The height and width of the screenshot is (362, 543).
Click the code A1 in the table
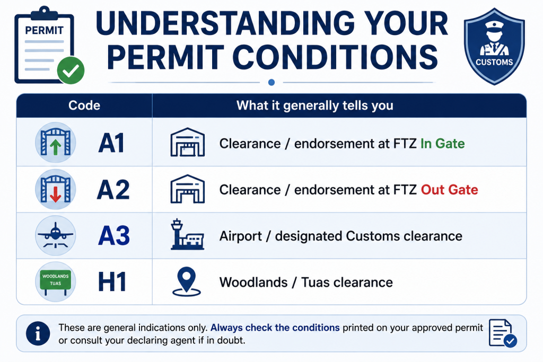(x=111, y=143)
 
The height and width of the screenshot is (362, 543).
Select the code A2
(x=113, y=190)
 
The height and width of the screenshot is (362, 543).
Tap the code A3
(x=114, y=236)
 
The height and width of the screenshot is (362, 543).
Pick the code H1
(x=112, y=282)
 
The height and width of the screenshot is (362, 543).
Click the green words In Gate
(x=443, y=144)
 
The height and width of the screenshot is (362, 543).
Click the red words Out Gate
(x=450, y=190)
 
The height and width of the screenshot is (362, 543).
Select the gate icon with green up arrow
(x=55, y=143)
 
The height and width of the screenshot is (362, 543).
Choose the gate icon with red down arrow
(x=55, y=190)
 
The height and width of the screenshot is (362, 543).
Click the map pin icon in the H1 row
(x=186, y=282)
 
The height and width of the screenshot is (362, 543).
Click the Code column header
(x=84, y=105)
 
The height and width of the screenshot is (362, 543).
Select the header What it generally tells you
(x=315, y=105)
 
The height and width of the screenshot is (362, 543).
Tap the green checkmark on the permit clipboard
(x=71, y=70)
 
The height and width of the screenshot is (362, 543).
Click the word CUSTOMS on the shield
(x=494, y=63)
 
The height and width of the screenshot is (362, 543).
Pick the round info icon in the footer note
(x=38, y=333)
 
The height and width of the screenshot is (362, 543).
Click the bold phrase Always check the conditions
(x=275, y=328)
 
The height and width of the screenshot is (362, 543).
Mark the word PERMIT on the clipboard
(x=45, y=30)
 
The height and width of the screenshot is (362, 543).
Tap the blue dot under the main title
(x=271, y=82)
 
